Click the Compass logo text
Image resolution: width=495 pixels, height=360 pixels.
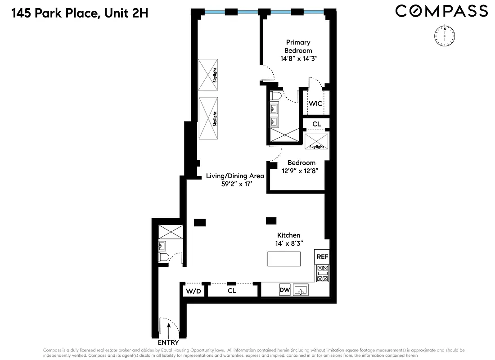(441, 11)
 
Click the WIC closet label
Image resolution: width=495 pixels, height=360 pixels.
(315, 103)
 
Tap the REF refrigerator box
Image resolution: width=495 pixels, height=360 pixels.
(322, 257)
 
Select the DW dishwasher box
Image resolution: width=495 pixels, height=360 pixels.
(284, 290)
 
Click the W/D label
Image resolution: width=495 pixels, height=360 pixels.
(193, 291)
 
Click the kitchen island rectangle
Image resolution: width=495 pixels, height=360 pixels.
(284, 259)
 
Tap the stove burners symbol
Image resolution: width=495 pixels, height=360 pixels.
(323, 274)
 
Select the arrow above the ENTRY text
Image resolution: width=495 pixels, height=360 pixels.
(168, 330)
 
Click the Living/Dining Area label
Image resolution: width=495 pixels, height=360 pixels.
(235, 176)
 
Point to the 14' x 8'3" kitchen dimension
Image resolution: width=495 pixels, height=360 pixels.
(288, 243)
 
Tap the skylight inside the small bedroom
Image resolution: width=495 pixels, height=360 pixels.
(316, 142)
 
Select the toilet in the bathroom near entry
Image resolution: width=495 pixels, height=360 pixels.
(163, 257)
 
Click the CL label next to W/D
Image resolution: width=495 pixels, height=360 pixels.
(232, 291)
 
